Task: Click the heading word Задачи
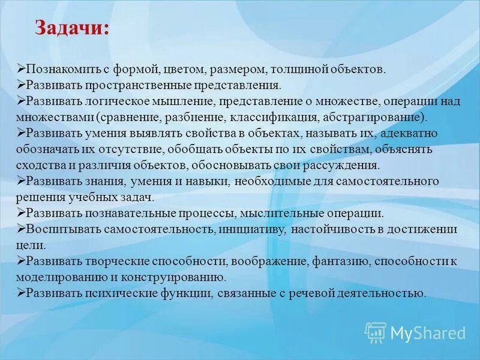[x=71, y=28]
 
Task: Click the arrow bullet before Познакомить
[x=22, y=70]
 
